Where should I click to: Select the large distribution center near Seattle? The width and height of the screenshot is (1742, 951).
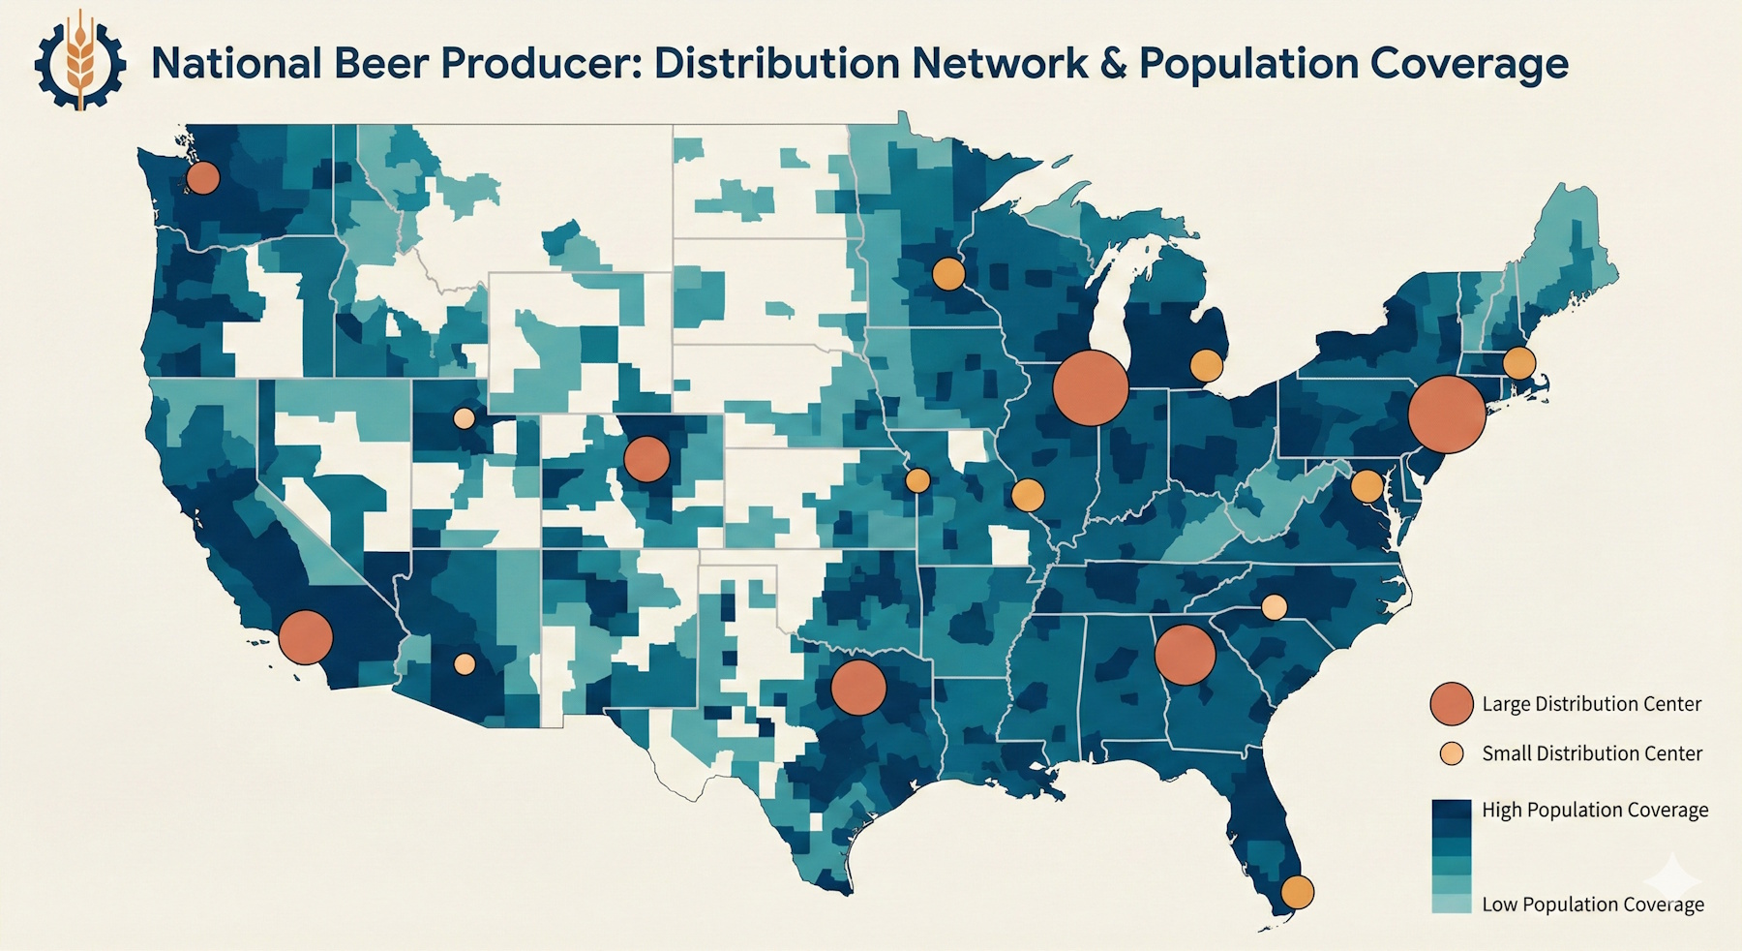tap(202, 178)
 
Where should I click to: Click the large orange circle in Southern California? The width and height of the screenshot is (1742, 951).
tap(306, 637)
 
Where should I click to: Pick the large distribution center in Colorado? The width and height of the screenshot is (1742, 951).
tap(646, 459)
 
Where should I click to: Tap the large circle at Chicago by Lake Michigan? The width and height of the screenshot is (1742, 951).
tap(1091, 387)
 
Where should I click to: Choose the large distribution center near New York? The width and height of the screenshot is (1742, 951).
tap(1447, 414)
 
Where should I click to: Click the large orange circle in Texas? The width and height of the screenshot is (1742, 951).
tap(858, 688)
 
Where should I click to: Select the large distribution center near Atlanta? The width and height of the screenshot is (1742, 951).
tap(1185, 656)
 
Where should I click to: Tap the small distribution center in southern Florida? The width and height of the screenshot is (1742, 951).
tap(1297, 891)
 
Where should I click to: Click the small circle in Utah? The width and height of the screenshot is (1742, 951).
tap(465, 418)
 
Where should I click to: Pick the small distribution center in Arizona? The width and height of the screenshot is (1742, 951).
tap(465, 664)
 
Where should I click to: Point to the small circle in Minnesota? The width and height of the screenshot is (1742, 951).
tap(948, 274)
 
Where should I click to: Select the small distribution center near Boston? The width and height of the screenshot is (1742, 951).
tap(1518, 363)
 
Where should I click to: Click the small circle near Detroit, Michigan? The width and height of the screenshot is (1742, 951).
tap(1206, 366)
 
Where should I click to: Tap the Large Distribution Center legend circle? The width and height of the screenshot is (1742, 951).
tap(1451, 704)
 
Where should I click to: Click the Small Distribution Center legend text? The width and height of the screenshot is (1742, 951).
tap(1591, 753)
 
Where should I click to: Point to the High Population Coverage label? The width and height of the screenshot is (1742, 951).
tap(1594, 810)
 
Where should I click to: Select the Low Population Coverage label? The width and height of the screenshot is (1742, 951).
tap(1592, 905)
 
